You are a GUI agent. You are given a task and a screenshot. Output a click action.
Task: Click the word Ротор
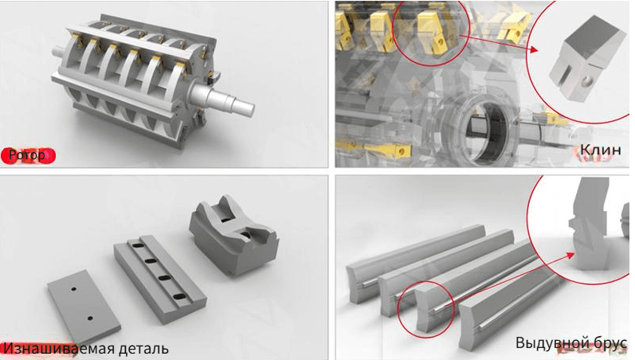pos(27,155)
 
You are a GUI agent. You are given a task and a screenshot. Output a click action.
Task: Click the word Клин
pos(600,150)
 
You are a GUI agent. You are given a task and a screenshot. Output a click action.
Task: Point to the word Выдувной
pos(548,342)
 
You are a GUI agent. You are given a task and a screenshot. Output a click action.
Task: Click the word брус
pos(606,343)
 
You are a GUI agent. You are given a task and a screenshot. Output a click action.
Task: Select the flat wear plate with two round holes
pos(84,304)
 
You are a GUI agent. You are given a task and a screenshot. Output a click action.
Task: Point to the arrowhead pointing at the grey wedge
pos(534,49)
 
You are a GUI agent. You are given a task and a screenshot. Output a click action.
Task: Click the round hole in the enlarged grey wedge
pos(585,84)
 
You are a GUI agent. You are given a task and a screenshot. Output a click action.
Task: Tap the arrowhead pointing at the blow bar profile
pos(570,255)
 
